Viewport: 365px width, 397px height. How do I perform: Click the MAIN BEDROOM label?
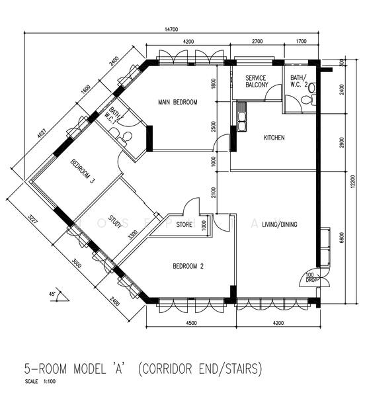(x=178, y=102)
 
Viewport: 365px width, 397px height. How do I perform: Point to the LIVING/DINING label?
(x=279, y=225)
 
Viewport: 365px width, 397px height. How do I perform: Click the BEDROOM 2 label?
(x=188, y=267)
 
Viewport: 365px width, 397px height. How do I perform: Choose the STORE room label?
(x=184, y=225)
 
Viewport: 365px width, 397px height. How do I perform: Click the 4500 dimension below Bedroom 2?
(x=191, y=324)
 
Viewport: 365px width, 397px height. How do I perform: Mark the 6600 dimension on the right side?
(x=341, y=238)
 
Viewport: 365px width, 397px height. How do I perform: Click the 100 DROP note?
(x=310, y=277)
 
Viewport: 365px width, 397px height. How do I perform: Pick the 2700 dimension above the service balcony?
(x=257, y=42)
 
